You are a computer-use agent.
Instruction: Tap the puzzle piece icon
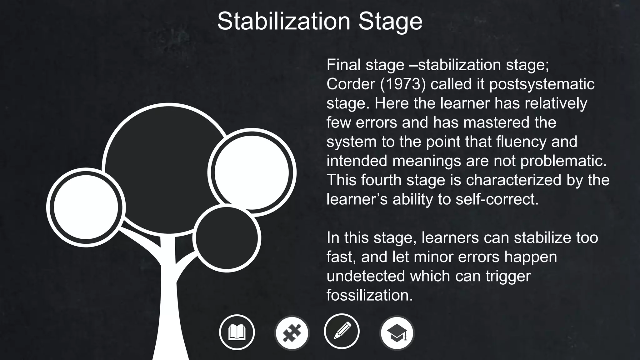(292, 332)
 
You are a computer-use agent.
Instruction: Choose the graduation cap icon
(397, 333)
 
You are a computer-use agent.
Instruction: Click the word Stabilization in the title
(284, 21)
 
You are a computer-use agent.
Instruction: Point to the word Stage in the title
(390, 21)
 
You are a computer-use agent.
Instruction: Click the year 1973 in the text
(403, 84)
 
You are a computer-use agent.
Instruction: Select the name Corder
(351, 84)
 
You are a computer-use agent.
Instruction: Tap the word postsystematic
(542, 84)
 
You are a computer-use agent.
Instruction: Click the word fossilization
(369, 295)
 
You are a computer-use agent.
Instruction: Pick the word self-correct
(497, 199)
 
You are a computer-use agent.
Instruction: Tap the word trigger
(508, 276)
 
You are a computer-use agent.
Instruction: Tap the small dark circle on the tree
(227, 238)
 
